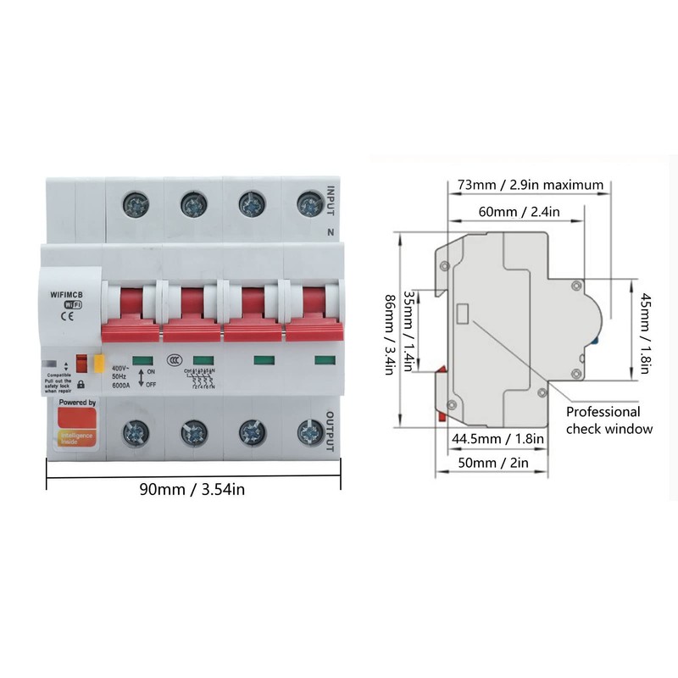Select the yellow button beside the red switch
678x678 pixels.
(x=97, y=364)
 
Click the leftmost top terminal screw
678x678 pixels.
(x=135, y=203)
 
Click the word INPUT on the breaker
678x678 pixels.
(x=331, y=200)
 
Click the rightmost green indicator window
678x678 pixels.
(x=325, y=361)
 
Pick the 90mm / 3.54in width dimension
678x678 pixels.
(x=194, y=488)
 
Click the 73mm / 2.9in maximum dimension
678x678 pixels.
(x=531, y=185)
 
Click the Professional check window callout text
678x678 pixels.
(x=609, y=420)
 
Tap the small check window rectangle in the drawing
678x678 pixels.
(x=464, y=314)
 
